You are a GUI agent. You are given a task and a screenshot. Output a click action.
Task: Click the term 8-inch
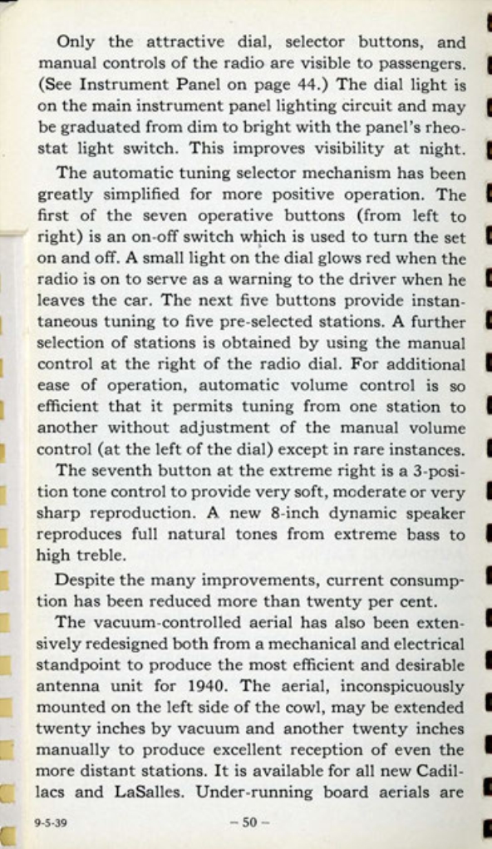coord(250,515)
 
